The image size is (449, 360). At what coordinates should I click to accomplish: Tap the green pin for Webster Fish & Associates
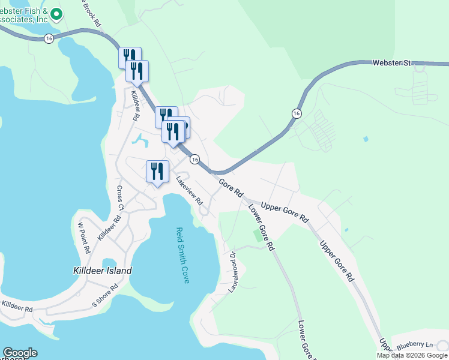tap(56, 13)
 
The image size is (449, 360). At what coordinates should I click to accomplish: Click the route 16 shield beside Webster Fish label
tap(49, 38)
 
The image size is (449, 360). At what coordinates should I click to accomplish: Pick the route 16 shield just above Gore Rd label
tap(194, 159)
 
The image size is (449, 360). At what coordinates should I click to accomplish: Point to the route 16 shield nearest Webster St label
tap(296, 113)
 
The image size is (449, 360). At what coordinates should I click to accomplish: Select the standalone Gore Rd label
tap(231, 188)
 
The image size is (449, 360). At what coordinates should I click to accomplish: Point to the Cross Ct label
tap(120, 197)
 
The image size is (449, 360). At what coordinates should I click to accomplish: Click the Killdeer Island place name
tap(102, 271)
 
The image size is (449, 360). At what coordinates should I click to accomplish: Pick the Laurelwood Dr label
tap(232, 272)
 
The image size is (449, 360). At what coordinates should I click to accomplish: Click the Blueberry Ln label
tap(413, 344)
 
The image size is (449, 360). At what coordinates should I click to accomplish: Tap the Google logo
tap(20, 353)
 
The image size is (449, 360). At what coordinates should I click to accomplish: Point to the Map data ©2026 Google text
tap(412, 355)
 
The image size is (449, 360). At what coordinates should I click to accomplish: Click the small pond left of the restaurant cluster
tap(140, 141)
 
